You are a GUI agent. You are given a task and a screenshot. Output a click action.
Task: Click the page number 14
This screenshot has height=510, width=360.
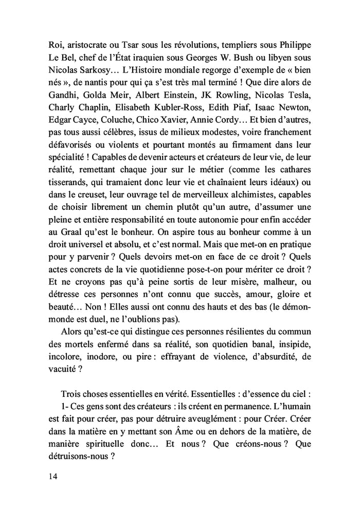[x=51, y=476]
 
